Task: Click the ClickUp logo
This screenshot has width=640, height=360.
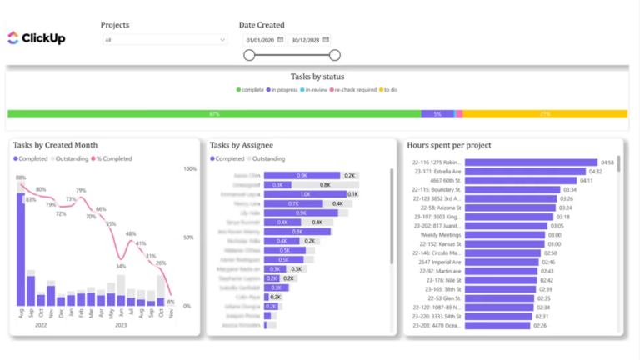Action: click(36, 37)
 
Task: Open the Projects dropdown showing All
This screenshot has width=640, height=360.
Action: click(164, 40)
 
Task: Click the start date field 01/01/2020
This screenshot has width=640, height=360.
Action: click(260, 40)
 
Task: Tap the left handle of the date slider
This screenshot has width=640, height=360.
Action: click(249, 55)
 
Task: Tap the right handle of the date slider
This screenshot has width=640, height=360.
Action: click(334, 55)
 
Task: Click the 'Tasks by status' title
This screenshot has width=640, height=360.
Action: click(317, 77)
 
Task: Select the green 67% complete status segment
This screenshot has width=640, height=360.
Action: click(214, 113)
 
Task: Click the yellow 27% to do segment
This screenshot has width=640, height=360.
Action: click(545, 113)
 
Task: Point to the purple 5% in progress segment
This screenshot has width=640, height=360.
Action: click(437, 113)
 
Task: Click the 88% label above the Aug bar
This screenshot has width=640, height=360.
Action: click(20, 177)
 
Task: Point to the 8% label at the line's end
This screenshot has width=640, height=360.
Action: click(171, 302)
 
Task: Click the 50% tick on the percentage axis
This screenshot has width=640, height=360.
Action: click(189, 237)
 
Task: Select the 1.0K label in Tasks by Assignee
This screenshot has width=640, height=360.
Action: click(305, 193)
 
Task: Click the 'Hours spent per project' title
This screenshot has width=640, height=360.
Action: click(449, 145)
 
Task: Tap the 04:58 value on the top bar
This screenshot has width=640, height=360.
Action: click(607, 162)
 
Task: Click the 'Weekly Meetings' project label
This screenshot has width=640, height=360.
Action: click(438, 235)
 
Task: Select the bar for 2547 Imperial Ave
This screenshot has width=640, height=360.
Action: click(501, 262)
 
